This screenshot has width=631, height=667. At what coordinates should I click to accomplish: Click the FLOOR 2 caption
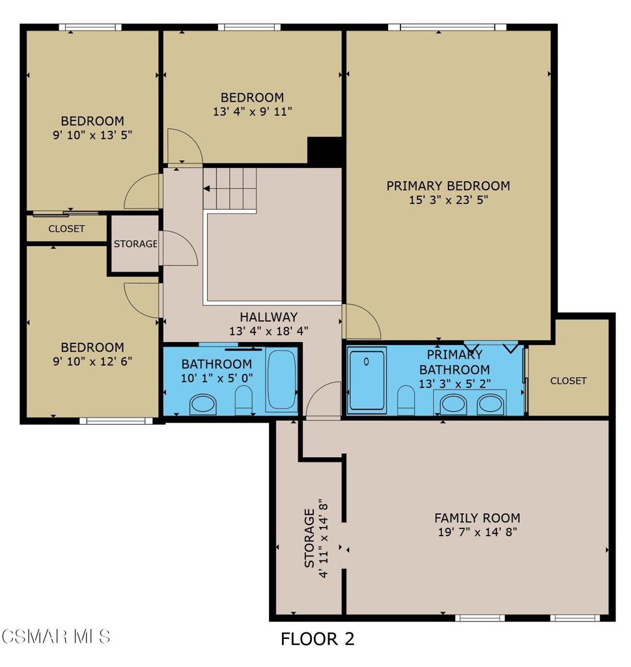[317, 639]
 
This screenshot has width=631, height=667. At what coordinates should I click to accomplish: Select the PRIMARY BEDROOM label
[448, 186]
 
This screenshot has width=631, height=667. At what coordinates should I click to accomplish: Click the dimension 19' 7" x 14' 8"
[477, 532]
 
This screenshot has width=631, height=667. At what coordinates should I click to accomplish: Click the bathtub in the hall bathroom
[282, 382]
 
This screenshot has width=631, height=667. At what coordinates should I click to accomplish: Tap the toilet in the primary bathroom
[406, 400]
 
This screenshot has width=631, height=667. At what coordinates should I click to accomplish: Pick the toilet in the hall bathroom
[244, 400]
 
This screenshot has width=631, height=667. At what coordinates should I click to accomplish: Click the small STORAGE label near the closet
[135, 244]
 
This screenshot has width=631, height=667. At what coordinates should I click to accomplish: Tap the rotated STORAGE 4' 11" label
[316, 537]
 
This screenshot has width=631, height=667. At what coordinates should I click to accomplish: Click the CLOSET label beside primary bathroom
[568, 380]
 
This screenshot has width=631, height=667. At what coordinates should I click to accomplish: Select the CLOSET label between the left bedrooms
[66, 229]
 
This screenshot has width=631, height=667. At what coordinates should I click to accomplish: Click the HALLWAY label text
[268, 317]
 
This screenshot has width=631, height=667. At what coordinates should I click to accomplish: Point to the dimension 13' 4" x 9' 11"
[252, 111]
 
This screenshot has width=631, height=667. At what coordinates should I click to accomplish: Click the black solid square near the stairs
[324, 151]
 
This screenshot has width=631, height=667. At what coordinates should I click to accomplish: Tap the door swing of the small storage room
[177, 248]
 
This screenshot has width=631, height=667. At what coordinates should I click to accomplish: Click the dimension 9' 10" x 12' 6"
[92, 360]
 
